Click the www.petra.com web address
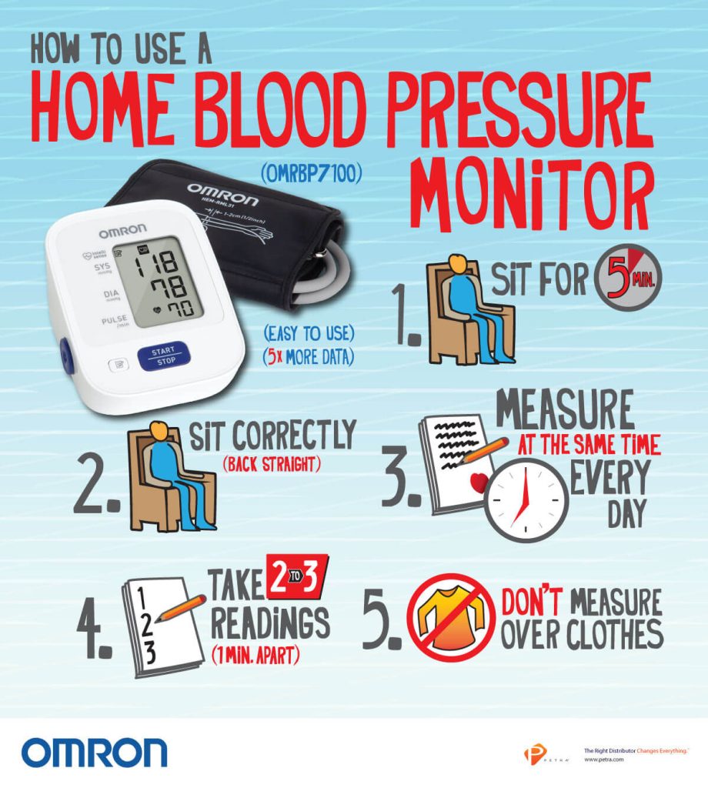click(x=605, y=760)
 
